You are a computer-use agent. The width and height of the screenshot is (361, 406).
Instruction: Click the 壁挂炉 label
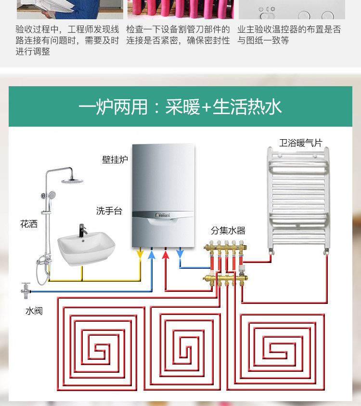coord(115,159)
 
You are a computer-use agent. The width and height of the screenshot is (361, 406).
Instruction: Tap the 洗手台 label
coord(109,211)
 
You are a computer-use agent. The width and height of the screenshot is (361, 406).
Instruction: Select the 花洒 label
coord(29,224)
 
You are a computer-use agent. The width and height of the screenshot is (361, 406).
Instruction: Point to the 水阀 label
coord(34,311)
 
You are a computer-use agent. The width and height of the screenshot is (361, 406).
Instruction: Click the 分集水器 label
coord(228,230)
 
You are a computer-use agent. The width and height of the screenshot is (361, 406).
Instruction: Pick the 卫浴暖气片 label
coord(301,143)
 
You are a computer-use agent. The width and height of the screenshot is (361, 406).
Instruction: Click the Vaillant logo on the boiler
coord(163,215)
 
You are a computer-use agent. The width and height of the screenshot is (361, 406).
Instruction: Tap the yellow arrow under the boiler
coord(140,253)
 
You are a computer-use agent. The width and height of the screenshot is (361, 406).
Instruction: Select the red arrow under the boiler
coord(166,254)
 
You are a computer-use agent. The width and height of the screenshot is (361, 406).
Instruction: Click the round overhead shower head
coord(72,181)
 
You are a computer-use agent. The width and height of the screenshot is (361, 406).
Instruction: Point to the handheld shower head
coord(51,195)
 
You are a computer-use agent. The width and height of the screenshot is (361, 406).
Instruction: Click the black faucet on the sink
coord(83,230)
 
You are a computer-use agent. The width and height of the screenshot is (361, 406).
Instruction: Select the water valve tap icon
coord(26,290)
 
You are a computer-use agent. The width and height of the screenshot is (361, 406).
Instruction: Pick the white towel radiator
coord(298,201)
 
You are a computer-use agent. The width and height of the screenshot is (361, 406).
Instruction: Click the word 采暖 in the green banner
coord(183,107)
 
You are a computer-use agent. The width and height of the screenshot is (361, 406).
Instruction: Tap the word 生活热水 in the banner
coord(247,107)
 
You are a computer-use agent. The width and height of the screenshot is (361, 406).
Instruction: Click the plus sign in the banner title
coord(206,107)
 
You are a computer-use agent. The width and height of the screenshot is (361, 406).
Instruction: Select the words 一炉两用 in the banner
coord(113,107)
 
